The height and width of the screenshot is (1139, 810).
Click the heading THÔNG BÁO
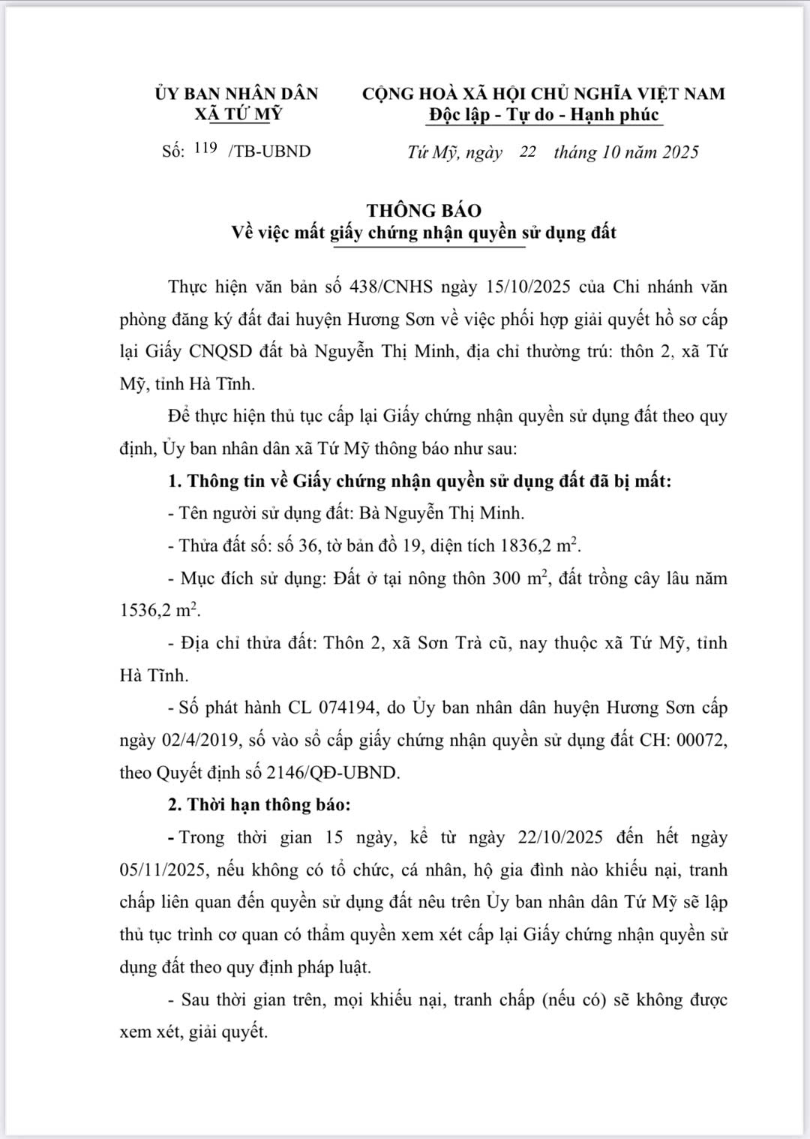coord(424,210)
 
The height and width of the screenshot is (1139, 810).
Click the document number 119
coord(205,148)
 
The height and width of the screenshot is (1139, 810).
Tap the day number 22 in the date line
coord(527,152)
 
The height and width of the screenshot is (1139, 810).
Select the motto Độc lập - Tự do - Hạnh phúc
coord(544,115)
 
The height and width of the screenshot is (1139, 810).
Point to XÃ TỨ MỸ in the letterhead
coord(238,115)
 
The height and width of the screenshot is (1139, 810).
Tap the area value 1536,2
coord(146,610)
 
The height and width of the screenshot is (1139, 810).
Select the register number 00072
coord(702,740)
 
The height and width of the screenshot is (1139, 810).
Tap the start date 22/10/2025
coord(559,837)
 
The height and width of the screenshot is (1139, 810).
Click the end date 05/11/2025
coord(162,870)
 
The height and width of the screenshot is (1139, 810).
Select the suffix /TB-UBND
coord(269,152)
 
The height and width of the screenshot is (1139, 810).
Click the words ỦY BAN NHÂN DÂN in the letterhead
coord(237,94)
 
